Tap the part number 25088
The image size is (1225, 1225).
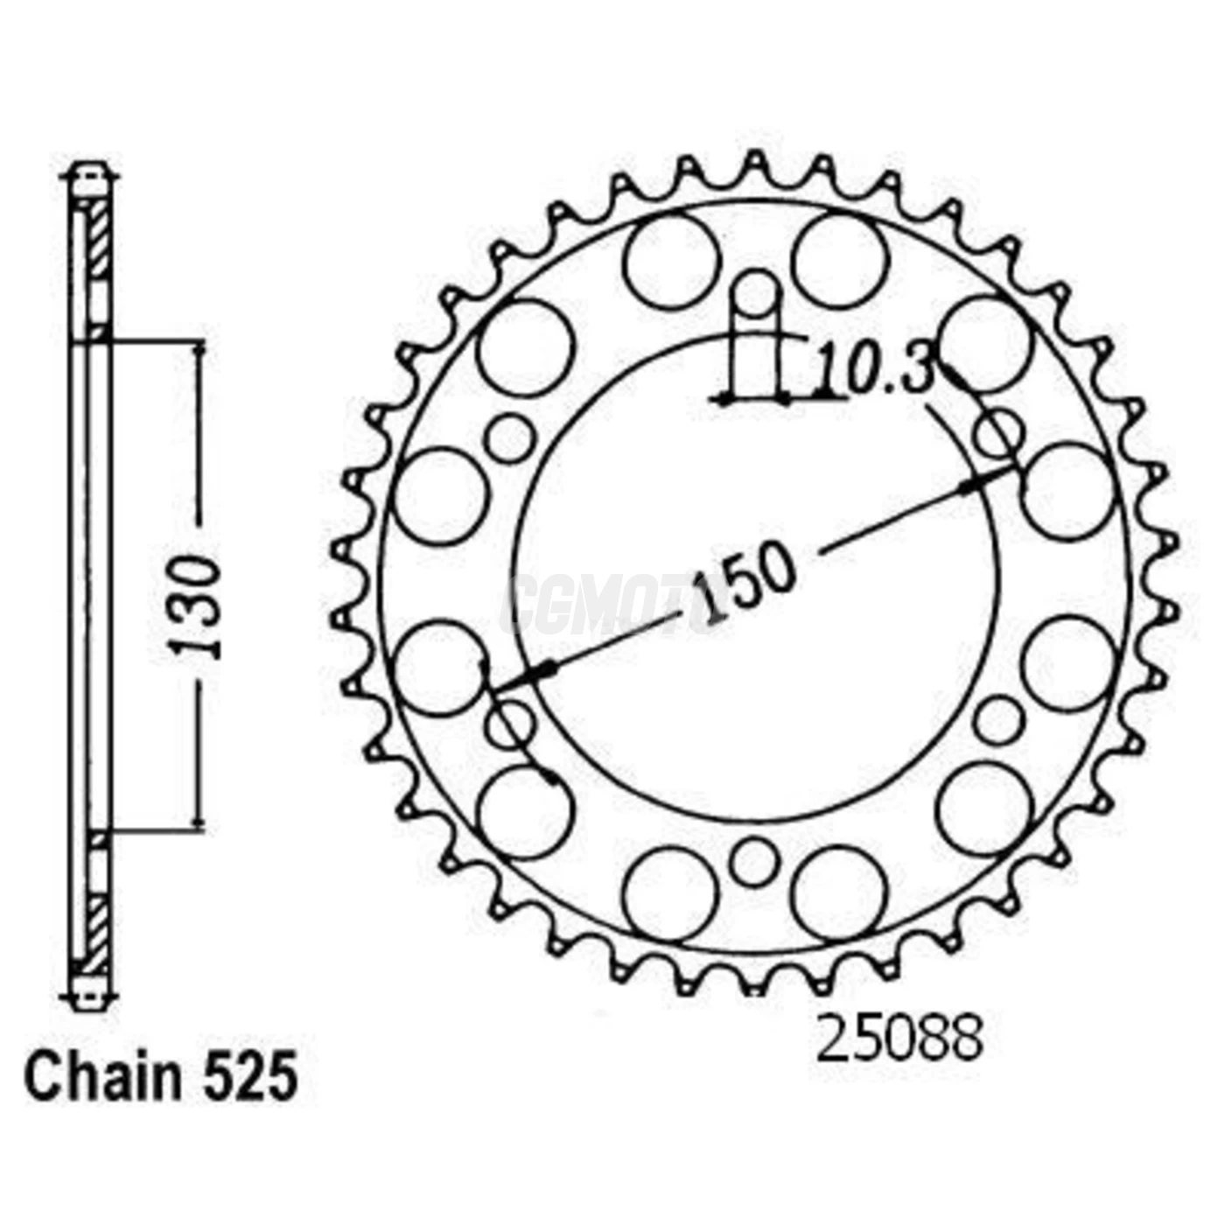[x=900, y=1039]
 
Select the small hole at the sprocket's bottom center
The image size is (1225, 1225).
[x=752, y=862]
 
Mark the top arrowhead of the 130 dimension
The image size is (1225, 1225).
[x=200, y=349]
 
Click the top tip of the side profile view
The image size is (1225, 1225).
[x=92, y=166]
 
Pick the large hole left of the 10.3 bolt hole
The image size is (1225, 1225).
[x=671, y=261]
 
